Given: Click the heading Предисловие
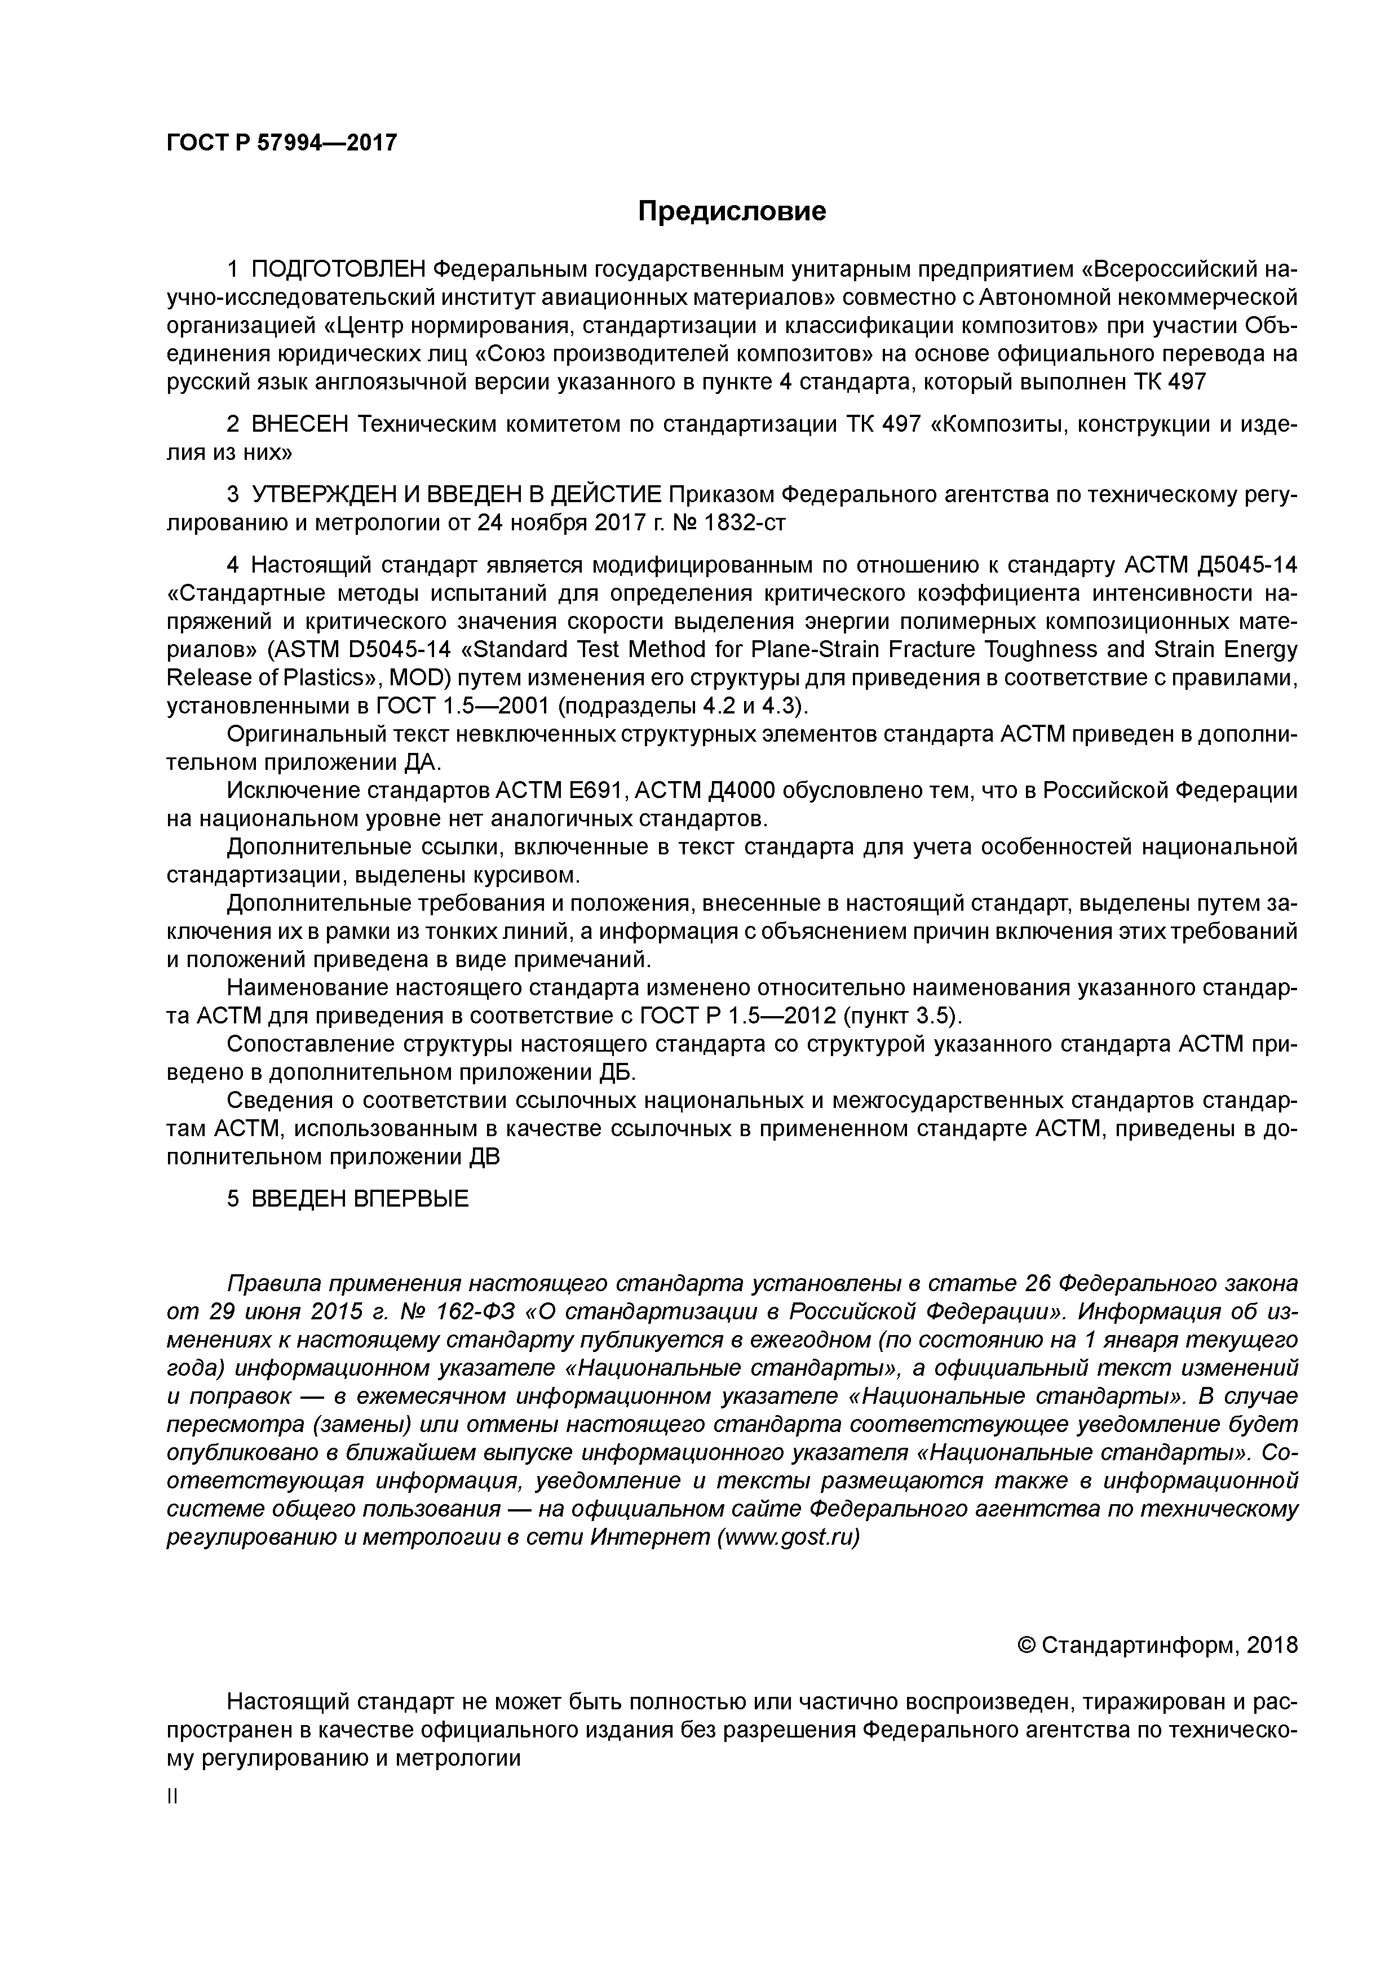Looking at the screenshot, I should [731, 211].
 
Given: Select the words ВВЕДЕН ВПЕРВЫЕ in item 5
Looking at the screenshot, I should [360, 1199].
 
